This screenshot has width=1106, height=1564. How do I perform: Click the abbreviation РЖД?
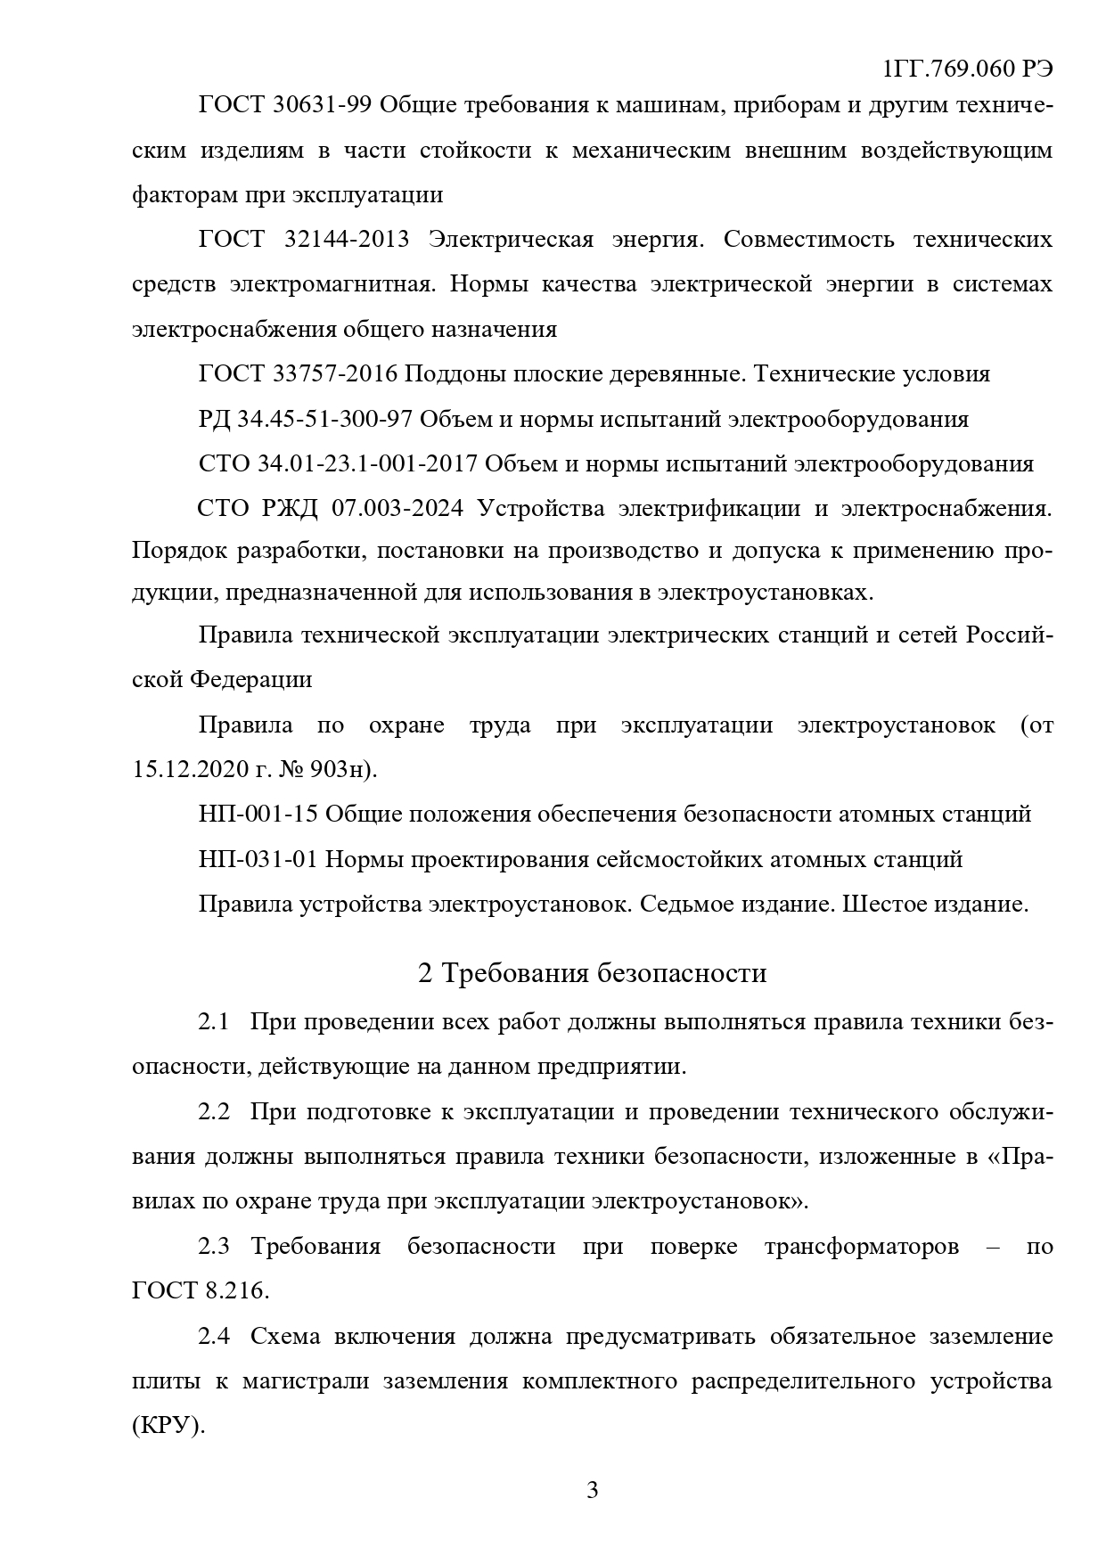(x=291, y=509)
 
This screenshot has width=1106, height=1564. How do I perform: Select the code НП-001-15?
(x=258, y=815)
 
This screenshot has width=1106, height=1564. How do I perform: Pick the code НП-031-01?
(x=258, y=860)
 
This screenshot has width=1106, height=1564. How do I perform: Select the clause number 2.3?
(x=214, y=1246)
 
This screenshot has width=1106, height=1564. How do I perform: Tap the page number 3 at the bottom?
(x=592, y=1490)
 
